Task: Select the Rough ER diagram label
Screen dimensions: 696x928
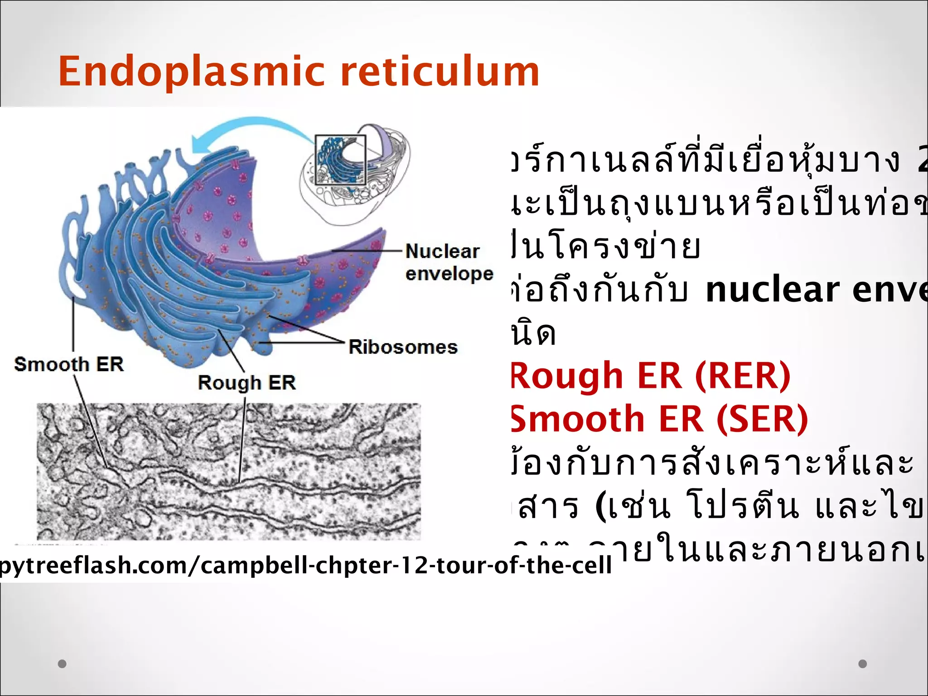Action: [247, 383]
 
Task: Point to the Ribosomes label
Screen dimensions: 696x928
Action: [403, 348]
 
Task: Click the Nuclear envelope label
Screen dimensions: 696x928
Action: [449, 263]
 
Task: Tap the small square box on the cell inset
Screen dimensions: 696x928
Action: [341, 160]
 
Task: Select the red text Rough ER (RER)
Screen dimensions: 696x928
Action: [650, 376]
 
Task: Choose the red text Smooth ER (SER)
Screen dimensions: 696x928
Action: [659, 419]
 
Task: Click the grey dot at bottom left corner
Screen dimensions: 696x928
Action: [63, 664]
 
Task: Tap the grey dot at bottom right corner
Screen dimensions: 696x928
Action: [863, 664]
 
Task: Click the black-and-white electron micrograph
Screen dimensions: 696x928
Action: [229, 471]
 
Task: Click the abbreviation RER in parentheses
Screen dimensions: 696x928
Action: [743, 376]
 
